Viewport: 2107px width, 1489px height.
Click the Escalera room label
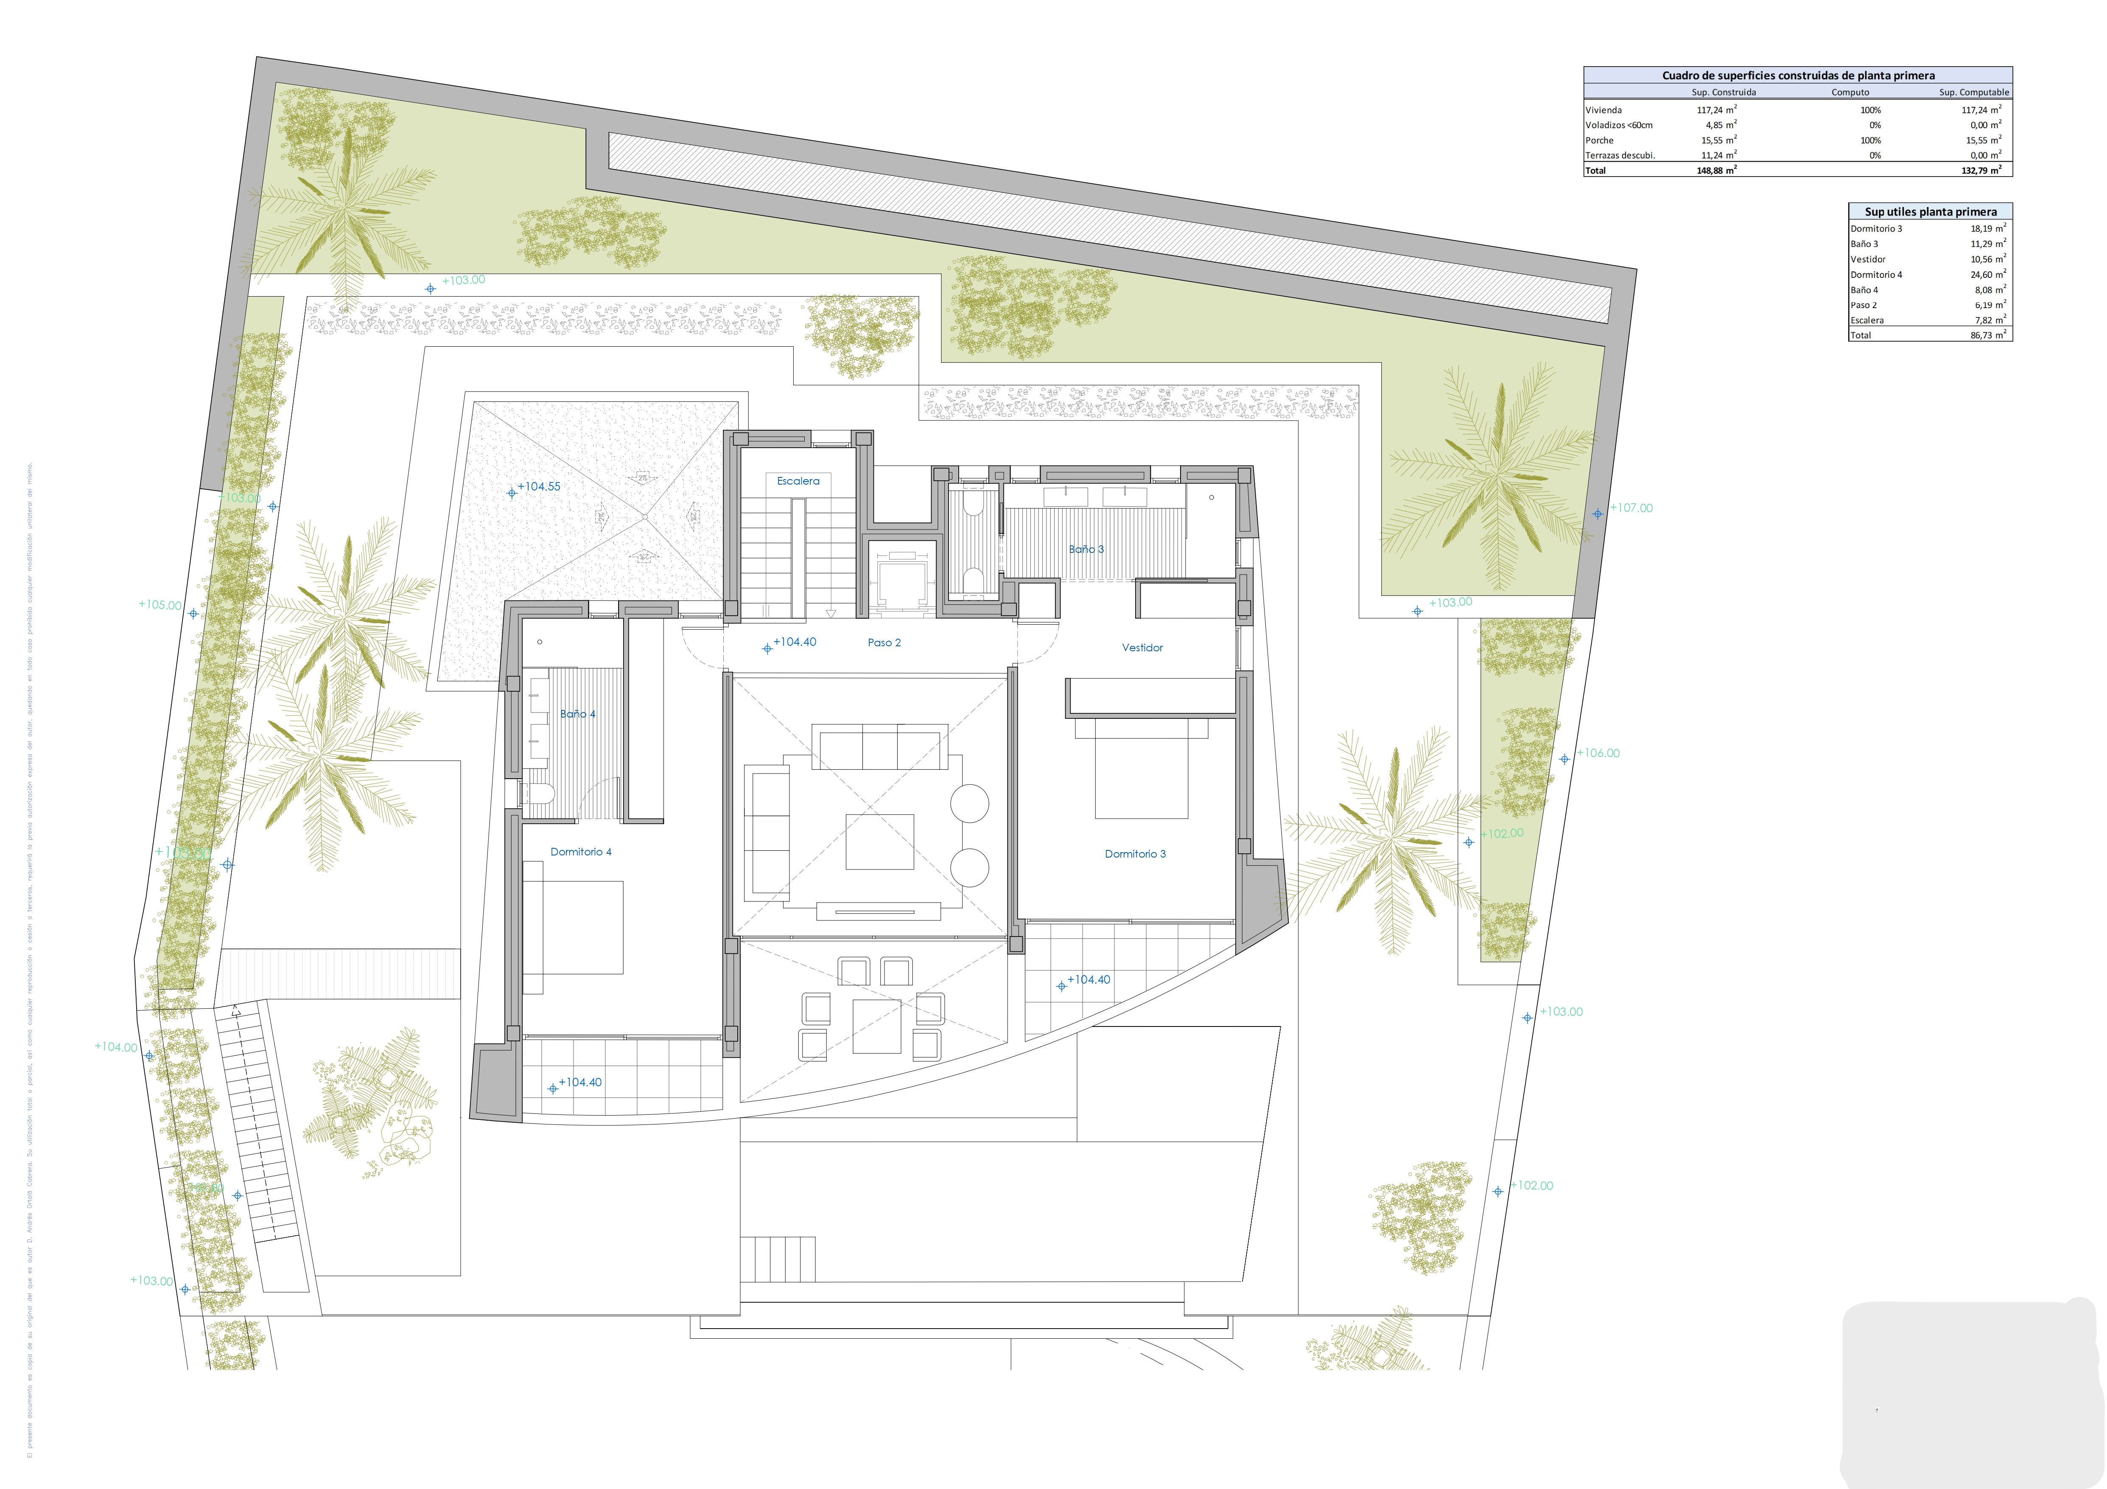pos(797,481)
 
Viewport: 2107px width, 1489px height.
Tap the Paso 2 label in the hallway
pos(884,642)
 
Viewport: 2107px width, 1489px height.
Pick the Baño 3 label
pos(1086,549)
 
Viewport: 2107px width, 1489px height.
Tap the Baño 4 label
pos(577,714)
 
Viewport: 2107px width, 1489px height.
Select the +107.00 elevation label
pos(1631,508)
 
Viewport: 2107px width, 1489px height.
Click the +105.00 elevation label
pos(159,605)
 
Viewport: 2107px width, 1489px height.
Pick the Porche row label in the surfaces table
pos(1600,140)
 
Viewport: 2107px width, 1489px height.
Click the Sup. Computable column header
pos(1973,92)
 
